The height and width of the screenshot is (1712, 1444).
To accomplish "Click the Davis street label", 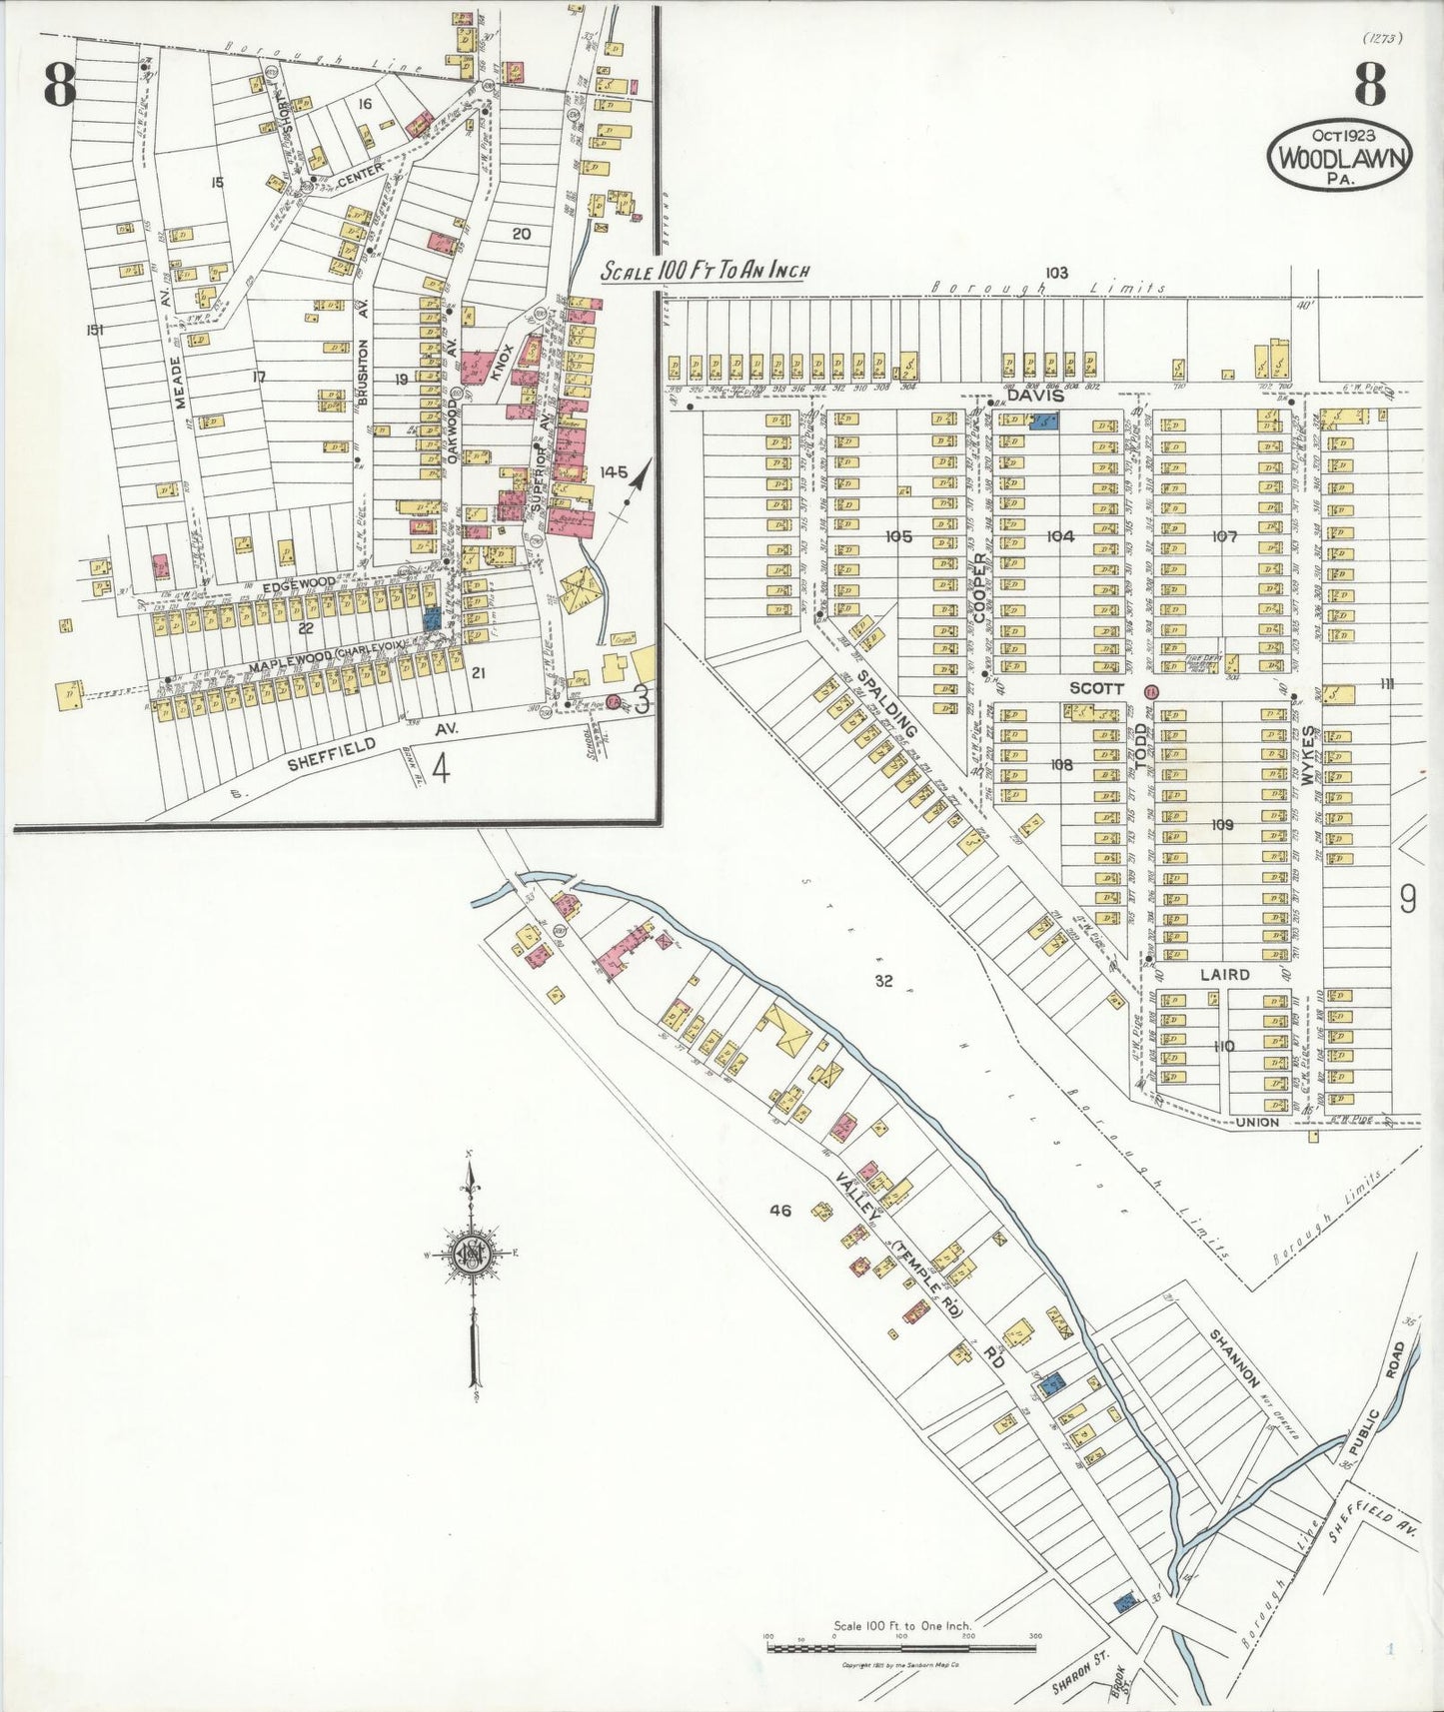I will click(x=1032, y=396).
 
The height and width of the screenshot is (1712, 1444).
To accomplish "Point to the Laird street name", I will click(x=1224, y=974).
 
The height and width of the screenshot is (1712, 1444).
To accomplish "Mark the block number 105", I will click(x=898, y=536).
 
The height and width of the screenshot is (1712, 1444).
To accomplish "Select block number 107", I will click(x=1224, y=536).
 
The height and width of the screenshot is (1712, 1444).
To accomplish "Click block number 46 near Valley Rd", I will click(x=780, y=1211).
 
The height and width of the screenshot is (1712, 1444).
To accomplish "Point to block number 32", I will click(x=883, y=981).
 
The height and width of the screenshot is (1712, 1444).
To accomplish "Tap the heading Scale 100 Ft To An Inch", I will click(x=705, y=271).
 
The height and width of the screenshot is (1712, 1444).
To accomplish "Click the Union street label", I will click(x=1257, y=1123).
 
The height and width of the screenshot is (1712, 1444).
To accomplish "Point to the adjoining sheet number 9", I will click(x=1407, y=901).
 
